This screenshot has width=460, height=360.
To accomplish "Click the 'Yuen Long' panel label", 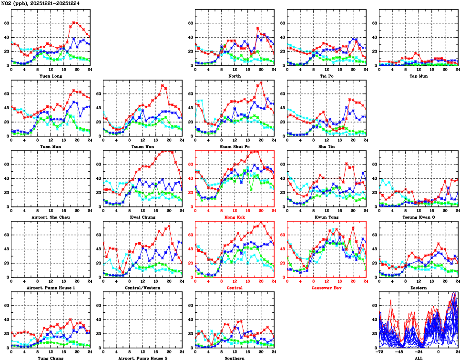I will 51,76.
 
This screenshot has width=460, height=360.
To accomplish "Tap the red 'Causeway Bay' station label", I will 327,288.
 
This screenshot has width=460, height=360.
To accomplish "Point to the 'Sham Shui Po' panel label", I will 234,146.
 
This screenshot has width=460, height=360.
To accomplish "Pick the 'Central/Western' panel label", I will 143,288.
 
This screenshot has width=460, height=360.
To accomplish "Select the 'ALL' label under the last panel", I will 418,358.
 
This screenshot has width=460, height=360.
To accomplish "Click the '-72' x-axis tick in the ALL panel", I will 379,352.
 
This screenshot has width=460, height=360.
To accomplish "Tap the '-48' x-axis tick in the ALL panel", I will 399,352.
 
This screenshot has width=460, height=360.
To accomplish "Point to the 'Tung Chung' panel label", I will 51,358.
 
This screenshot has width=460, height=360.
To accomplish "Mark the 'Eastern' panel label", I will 418,288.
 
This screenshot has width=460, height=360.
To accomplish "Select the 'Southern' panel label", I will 234,358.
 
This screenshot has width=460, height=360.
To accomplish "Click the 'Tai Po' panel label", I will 327,76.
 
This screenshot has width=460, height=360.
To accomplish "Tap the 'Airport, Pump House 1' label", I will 51,288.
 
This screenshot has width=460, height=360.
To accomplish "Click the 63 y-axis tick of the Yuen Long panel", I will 6,23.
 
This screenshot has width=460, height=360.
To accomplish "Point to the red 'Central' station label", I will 234,288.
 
